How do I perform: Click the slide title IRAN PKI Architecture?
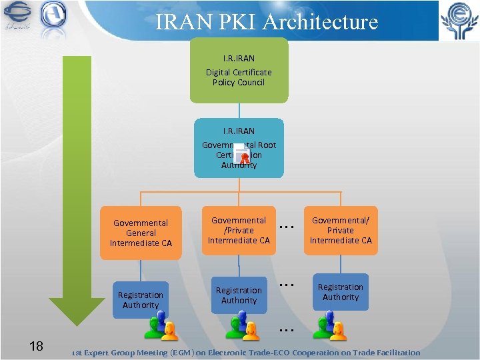click(267, 21)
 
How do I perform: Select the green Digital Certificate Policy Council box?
click(239, 71)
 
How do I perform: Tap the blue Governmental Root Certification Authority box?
click(239, 148)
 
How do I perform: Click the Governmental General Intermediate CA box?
click(141, 233)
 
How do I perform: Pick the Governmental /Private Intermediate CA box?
click(239, 230)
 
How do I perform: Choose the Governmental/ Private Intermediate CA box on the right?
click(341, 230)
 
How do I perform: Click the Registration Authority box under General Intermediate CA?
click(140, 300)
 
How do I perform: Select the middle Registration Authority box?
click(239, 295)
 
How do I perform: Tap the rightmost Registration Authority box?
click(341, 292)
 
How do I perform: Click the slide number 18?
click(37, 345)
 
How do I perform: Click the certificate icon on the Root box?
click(243, 154)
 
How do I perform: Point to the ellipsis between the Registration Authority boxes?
click(287, 284)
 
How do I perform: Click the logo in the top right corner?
click(458, 21)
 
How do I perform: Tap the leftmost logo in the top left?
click(17, 18)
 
